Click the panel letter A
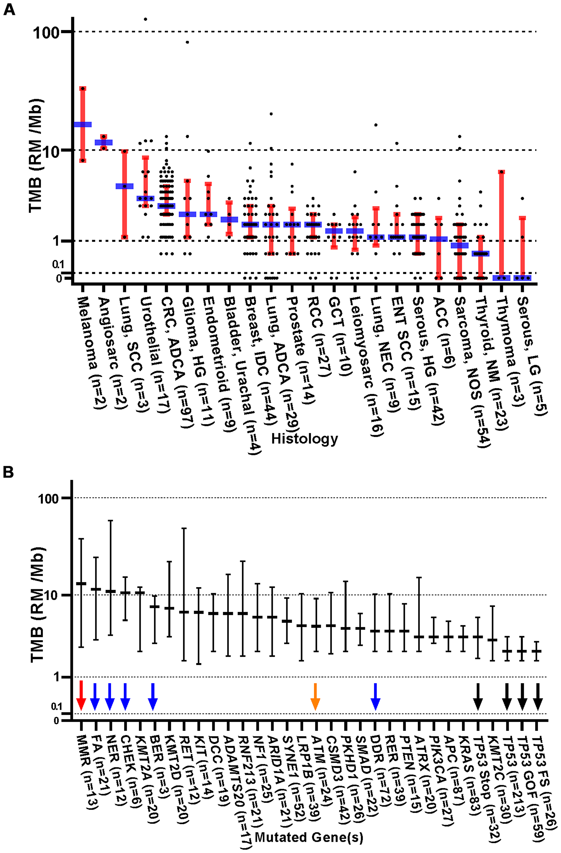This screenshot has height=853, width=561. [9, 9]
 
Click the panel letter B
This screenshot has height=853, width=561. [8, 472]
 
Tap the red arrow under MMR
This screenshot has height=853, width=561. [81, 695]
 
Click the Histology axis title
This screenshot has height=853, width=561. [304, 438]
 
